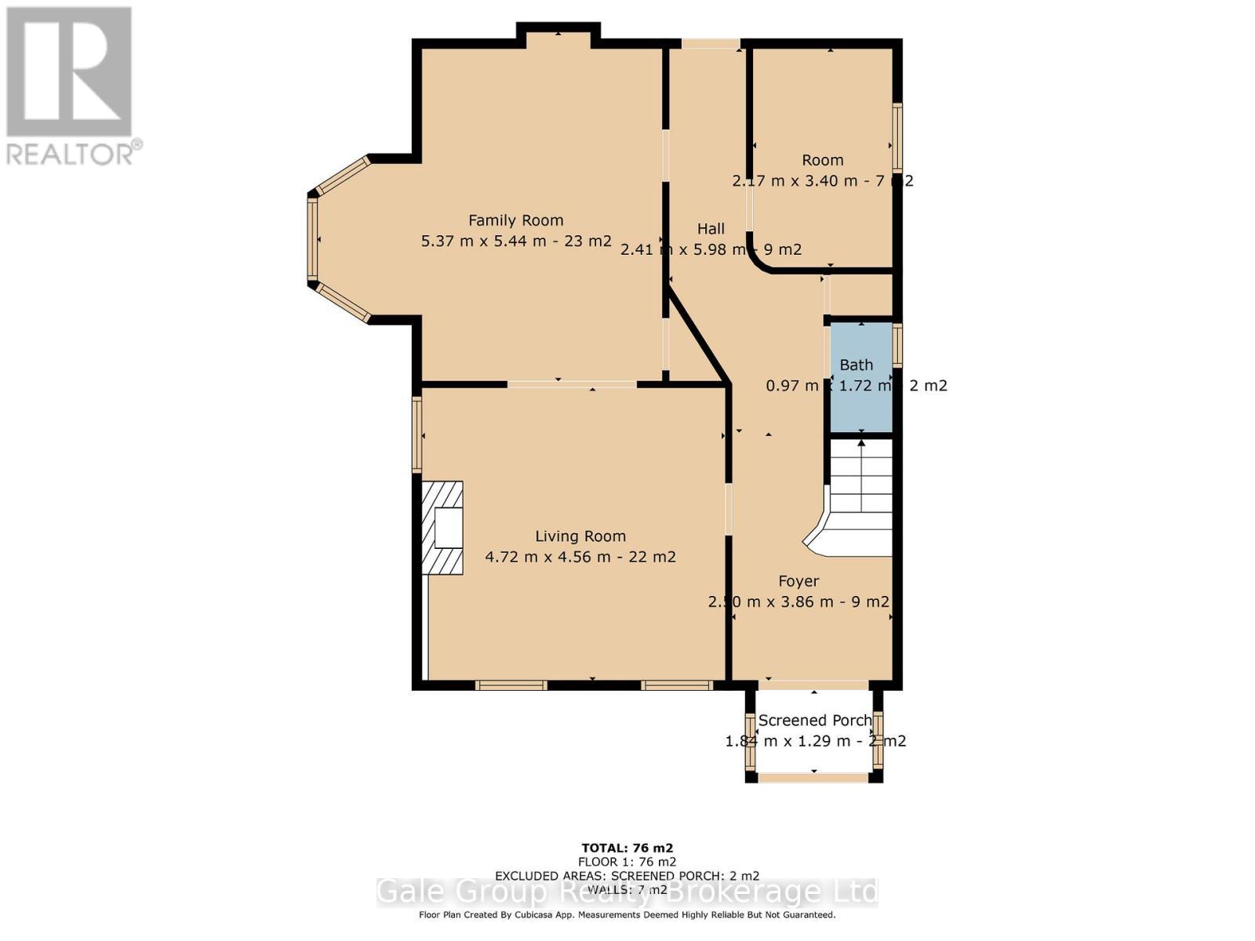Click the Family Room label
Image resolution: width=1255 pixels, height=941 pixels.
click(515, 220)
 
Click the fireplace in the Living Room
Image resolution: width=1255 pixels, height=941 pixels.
click(443, 528)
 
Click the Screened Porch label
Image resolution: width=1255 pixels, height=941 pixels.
click(814, 720)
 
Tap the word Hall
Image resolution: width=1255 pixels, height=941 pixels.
click(711, 229)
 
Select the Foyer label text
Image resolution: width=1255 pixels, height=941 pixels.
click(798, 581)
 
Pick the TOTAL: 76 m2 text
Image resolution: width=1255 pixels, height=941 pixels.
click(627, 848)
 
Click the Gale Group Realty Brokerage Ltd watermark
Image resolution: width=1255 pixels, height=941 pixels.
click(627, 892)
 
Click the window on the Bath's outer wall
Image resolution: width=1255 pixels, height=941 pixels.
click(897, 345)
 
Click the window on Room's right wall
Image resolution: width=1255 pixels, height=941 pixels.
click(897, 137)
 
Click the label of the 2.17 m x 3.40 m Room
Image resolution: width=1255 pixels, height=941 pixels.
click(822, 160)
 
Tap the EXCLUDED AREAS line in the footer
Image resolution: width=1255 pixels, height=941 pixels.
click(627, 876)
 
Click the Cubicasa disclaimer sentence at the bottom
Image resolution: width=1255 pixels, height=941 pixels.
click(627, 914)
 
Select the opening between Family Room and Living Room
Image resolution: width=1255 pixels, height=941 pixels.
click(572, 384)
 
